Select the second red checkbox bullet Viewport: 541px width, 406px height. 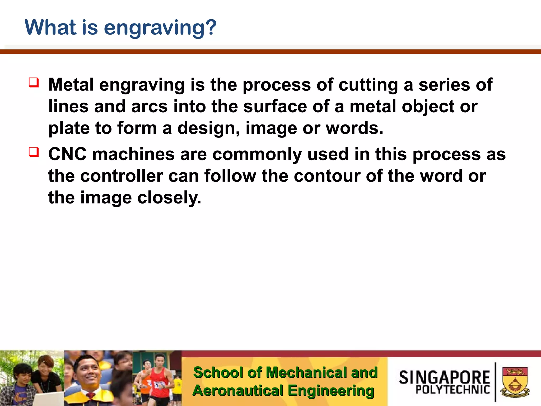[34, 152]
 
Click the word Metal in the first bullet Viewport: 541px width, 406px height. [71, 85]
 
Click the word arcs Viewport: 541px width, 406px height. [149, 107]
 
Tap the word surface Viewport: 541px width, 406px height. [275, 106]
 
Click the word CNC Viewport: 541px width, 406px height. [67, 154]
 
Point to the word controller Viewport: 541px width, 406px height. [122, 176]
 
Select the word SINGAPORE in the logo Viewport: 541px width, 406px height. [444, 377]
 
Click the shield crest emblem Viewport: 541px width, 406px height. [515, 382]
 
